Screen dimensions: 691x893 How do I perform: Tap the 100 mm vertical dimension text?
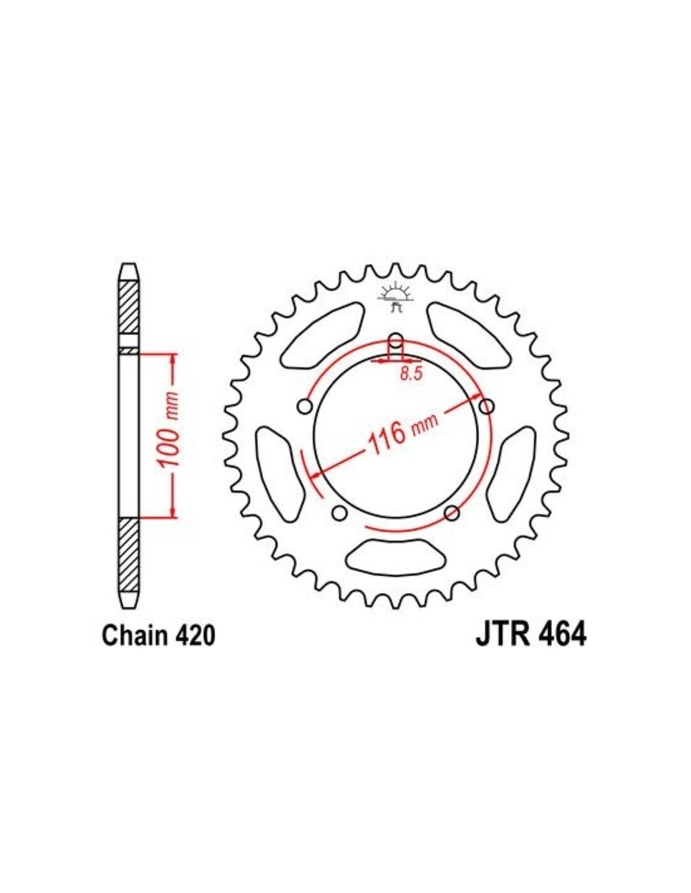(x=169, y=430)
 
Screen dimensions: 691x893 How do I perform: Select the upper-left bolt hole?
(x=305, y=408)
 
